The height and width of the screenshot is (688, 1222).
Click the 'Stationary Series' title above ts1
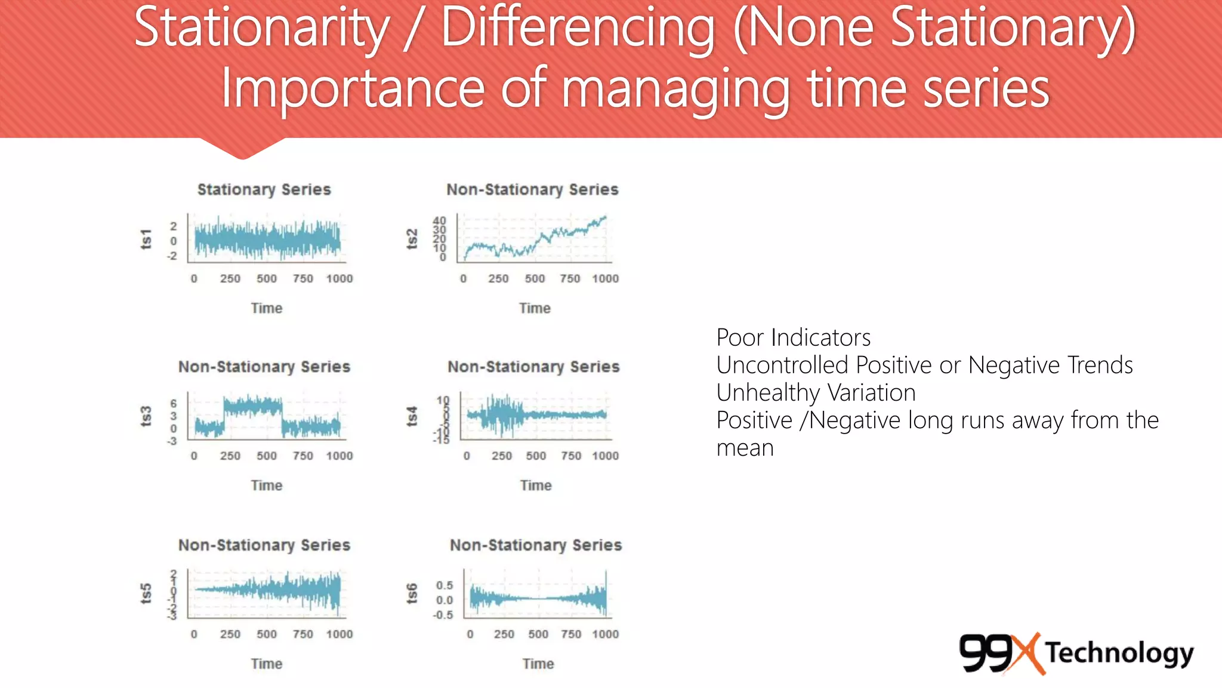point(264,189)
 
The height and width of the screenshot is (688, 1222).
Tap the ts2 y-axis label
point(412,239)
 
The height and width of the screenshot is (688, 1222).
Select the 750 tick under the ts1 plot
point(303,278)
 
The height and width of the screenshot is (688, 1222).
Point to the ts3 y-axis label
point(146,416)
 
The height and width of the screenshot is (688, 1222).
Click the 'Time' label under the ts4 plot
point(535,486)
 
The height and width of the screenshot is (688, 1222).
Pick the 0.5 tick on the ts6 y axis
point(444,585)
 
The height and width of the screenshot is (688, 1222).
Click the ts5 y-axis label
point(146,594)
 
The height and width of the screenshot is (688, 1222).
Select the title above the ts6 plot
point(535,545)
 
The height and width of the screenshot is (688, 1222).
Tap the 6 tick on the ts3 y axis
point(173,404)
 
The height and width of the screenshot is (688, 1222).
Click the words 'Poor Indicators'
point(793,337)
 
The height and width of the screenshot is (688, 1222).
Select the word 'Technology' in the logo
point(1119,653)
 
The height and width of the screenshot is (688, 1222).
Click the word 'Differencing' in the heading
point(578,28)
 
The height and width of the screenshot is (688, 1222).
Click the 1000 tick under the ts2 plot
point(605,278)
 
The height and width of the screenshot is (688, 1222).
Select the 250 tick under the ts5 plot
point(230,634)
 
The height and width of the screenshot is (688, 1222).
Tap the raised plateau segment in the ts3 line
point(252,407)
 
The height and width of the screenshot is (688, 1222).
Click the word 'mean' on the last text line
point(745,448)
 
